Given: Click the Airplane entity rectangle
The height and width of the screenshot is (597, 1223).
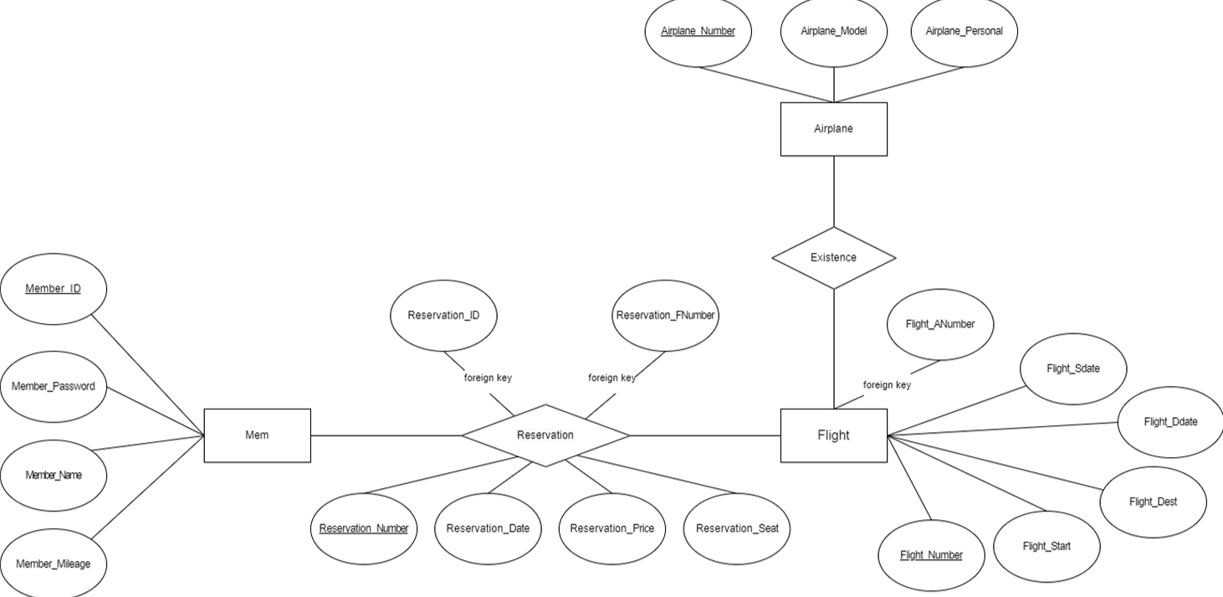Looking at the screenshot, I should click(833, 129).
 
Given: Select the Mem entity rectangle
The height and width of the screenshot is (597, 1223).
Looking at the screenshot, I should click(257, 435).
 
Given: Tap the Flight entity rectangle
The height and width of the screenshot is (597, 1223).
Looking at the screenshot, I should click(833, 435).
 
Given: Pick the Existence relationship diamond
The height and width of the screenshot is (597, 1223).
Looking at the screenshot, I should click(833, 258).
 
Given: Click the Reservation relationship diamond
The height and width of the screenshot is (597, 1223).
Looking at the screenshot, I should click(545, 435).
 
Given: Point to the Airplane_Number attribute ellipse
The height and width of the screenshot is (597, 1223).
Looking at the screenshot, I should click(698, 32).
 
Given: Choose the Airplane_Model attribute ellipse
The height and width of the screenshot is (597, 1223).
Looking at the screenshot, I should click(833, 32).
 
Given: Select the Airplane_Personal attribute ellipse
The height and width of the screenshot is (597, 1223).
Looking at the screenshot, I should click(964, 32).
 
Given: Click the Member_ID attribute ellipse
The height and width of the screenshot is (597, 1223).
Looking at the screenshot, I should click(54, 289).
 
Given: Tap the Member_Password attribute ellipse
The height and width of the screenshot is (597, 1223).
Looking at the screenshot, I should click(54, 387).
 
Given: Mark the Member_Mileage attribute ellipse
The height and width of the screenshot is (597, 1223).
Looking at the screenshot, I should click(54, 564).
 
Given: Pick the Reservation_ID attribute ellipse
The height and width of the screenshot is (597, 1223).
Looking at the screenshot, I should click(443, 316).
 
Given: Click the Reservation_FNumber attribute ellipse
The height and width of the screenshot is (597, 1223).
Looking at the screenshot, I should click(665, 316).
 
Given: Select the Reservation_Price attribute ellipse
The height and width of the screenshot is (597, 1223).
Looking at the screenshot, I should click(611, 528).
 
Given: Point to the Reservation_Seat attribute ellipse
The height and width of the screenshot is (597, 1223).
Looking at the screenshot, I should click(737, 528).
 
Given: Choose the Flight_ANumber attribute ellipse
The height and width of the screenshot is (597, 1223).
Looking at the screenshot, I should click(939, 325).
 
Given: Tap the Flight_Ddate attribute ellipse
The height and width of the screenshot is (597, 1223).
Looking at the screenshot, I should click(1170, 422).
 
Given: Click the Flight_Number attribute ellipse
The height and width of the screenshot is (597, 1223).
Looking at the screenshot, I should click(931, 555).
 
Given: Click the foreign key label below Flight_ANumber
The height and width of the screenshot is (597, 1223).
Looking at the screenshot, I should click(887, 385).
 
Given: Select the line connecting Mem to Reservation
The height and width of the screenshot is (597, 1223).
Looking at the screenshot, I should click(386, 435).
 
